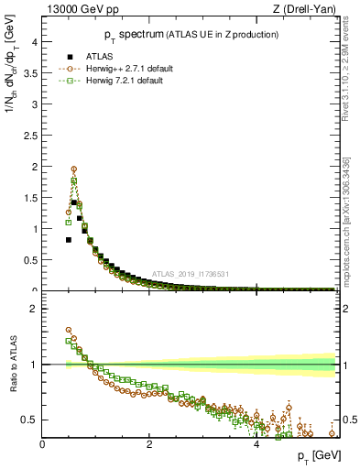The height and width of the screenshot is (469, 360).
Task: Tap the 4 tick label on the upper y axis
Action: pyautogui.click(x=33, y=42)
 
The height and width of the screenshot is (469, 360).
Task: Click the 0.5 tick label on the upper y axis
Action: pyautogui.click(x=27, y=260)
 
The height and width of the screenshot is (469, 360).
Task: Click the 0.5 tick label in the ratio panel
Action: pyautogui.click(x=27, y=420)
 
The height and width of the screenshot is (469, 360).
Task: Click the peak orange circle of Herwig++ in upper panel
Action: pyautogui.click(x=74, y=169)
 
